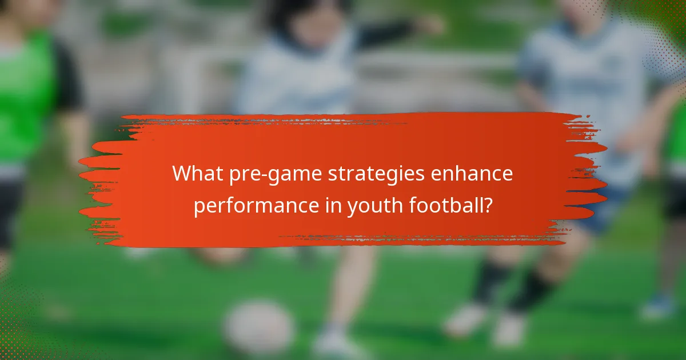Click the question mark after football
point(487,205)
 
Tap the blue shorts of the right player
point(600,211)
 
